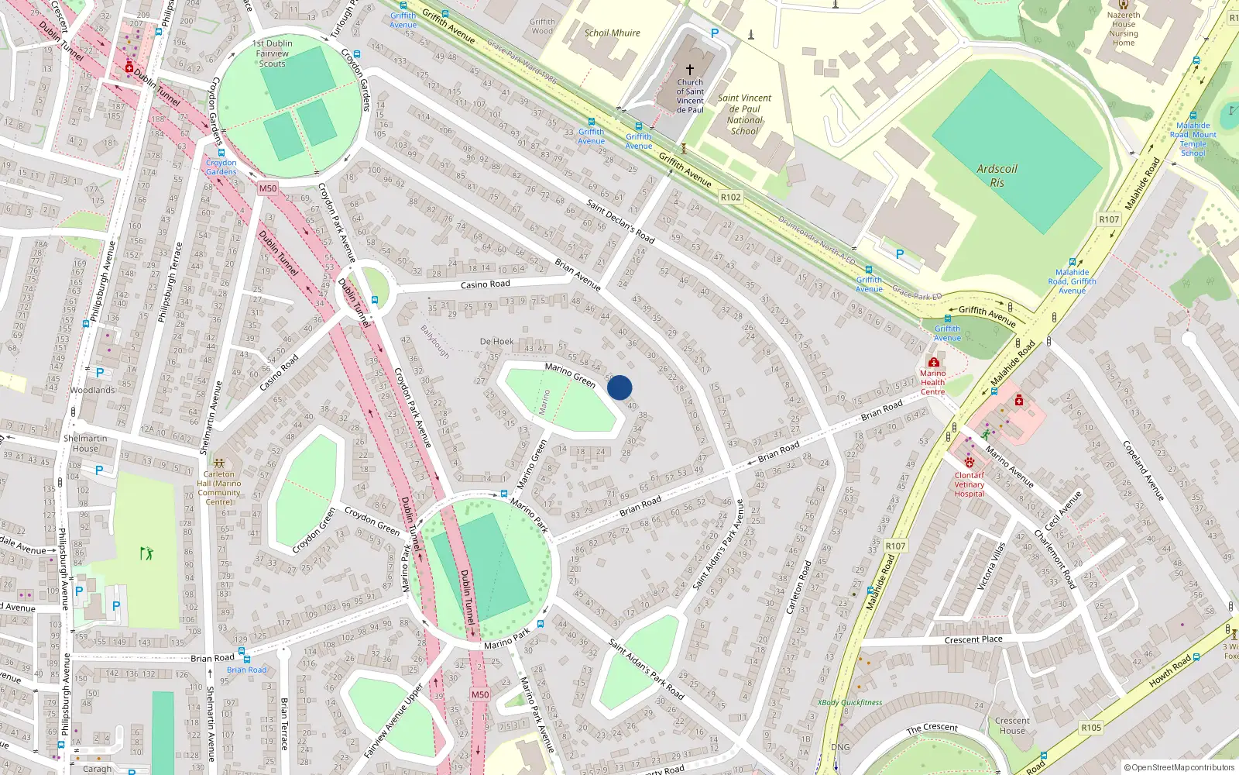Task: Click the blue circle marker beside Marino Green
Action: pyautogui.click(x=619, y=387)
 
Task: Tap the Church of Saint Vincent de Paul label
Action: pyautogui.click(x=690, y=96)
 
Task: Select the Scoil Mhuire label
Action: pyautogui.click(x=612, y=33)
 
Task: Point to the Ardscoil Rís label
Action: pyautogui.click(x=997, y=176)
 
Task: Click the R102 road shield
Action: pyautogui.click(x=730, y=198)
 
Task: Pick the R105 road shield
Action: pyautogui.click(x=1091, y=728)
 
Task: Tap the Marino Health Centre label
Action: pyautogui.click(x=932, y=382)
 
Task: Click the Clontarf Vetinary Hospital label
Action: pyautogui.click(x=970, y=484)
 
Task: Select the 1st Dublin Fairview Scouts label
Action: pyautogui.click(x=273, y=53)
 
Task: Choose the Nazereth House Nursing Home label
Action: pyautogui.click(x=1124, y=29)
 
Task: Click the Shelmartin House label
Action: pyautogui.click(x=85, y=443)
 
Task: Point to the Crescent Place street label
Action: pyautogui.click(x=973, y=640)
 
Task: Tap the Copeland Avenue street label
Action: pyautogui.click(x=1144, y=470)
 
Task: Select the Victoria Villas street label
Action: pyautogui.click(x=992, y=566)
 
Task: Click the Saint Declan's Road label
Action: pyautogui.click(x=620, y=221)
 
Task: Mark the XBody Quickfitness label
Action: pyautogui.click(x=849, y=703)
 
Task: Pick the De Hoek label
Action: pyautogui.click(x=496, y=341)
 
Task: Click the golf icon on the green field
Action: pyautogui.click(x=146, y=553)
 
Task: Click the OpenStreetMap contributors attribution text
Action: pyautogui.click(x=1179, y=768)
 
